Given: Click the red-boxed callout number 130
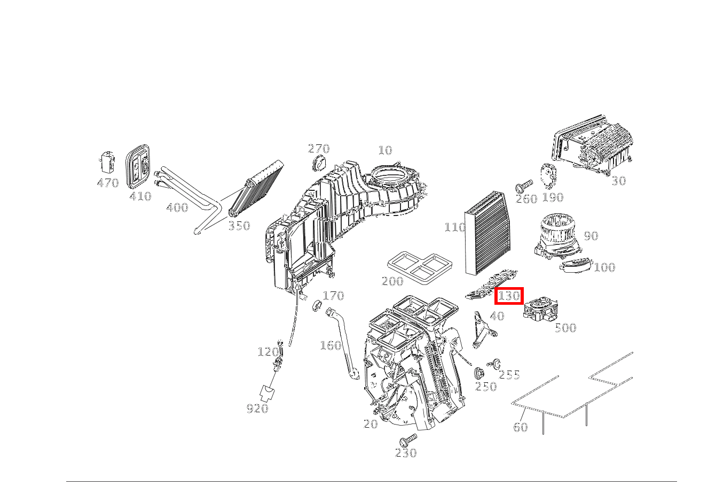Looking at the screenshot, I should [x=509, y=296].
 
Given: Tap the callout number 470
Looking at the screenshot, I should [x=107, y=183].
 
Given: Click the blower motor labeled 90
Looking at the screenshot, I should [x=558, y=236].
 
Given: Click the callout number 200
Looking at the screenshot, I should [x=392, y=281].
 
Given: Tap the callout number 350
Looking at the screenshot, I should [x=239, y=226].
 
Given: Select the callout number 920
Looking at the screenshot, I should [x=257, y=408].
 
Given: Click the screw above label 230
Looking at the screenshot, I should [x=407, y=440].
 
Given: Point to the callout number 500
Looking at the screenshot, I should [x=565, y=328].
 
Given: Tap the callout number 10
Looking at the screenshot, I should [x=385, y=150].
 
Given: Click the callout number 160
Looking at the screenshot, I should [x=331, y=345].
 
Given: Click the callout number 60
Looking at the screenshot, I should [x=520, y=427].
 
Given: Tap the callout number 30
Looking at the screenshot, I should [x=618, y=181].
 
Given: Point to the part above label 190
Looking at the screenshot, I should [x=548, y=174].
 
